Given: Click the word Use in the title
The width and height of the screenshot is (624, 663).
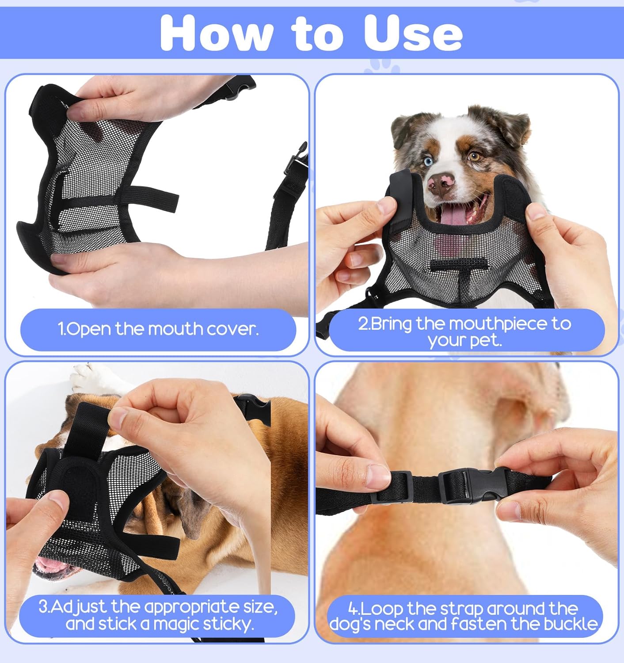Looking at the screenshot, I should [413, 33].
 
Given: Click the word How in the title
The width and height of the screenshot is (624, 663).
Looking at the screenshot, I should [217, 33].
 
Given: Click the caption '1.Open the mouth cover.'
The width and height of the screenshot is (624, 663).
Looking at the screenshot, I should [158, 329].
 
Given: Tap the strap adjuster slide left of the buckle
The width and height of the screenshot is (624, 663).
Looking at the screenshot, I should [392, 487].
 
